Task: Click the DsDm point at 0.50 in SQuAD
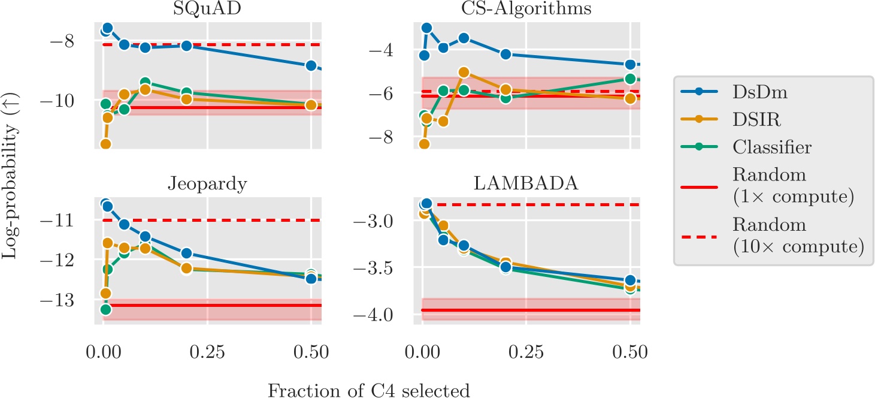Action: (311, 65)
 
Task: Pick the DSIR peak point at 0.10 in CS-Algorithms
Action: (464, 72)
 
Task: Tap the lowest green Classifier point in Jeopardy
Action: (106, 309)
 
